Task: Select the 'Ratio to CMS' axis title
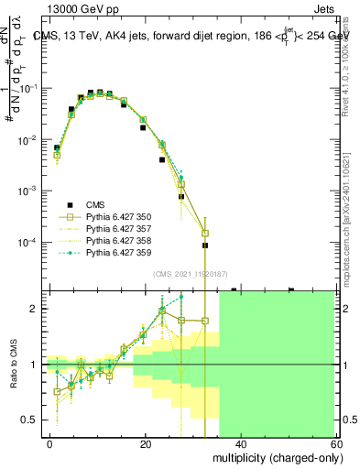[x=15, y=364]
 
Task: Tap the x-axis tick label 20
[x=145, y=443]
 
